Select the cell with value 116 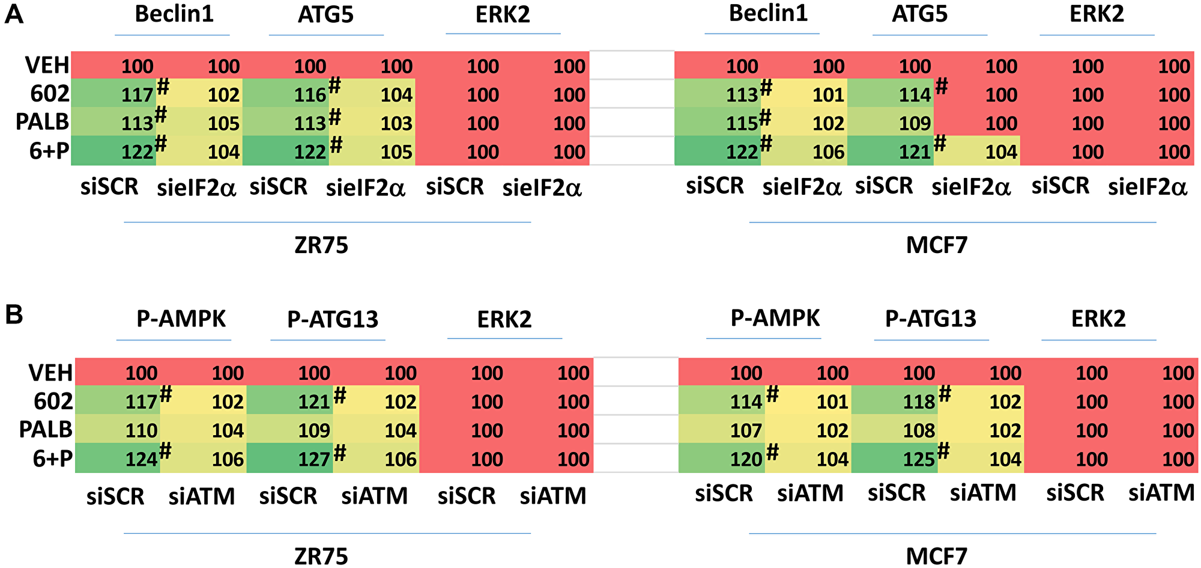point(310,95)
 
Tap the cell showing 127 point(314,460)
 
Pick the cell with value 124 point(141,460)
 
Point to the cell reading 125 point(919,460)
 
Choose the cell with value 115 point(742,123)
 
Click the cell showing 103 point(396,123)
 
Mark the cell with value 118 point(919,402)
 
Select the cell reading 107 point(746,430)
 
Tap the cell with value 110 point(141,430)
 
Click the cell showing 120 point(746,460)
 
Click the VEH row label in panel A point(47,65)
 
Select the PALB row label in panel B point(46,430)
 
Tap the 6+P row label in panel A point(49,151)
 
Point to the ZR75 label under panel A point(321,245)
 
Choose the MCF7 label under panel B point(936,556)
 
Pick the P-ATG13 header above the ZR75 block point(333,319)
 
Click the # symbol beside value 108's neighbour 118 point(945,394)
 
